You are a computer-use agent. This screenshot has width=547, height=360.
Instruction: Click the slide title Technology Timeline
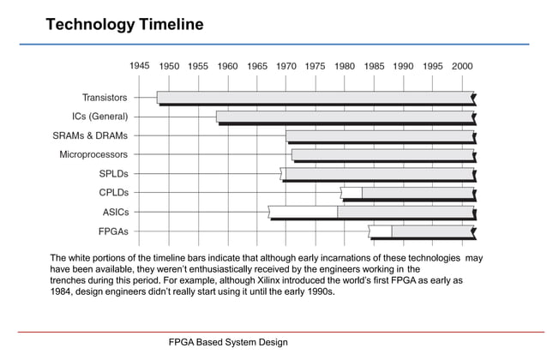click(x=124, y=24)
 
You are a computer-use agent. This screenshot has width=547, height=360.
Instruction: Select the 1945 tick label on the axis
click(x=140, y=65)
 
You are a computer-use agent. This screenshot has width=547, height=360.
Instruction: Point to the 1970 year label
click(x=286, y=65)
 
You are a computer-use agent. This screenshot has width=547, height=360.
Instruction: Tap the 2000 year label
click(x=461, y=65)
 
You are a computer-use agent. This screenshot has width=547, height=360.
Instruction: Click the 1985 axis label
click(x=374, y=65)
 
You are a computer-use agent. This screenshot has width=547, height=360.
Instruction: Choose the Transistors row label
click(x=105, y=98)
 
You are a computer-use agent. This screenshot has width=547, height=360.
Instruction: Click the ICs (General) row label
click(x=100, y=117)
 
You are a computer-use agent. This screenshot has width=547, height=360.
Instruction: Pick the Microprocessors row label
click(x=93, y=155)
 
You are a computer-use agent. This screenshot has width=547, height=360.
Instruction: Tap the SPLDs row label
click(x=113, y=174)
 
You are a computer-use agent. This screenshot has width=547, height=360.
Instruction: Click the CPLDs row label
click(x=113, y=193)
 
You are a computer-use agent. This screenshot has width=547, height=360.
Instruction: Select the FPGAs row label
click(x=113, y=231)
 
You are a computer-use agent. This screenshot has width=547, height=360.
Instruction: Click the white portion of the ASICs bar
click(x=302, y=211)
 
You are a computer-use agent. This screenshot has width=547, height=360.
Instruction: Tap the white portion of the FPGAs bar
click(x=381, y=231)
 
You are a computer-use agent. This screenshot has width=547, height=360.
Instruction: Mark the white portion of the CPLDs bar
click(x=352, y=192)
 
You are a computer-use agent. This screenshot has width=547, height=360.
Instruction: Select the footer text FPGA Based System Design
click(x=227, y=343)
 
